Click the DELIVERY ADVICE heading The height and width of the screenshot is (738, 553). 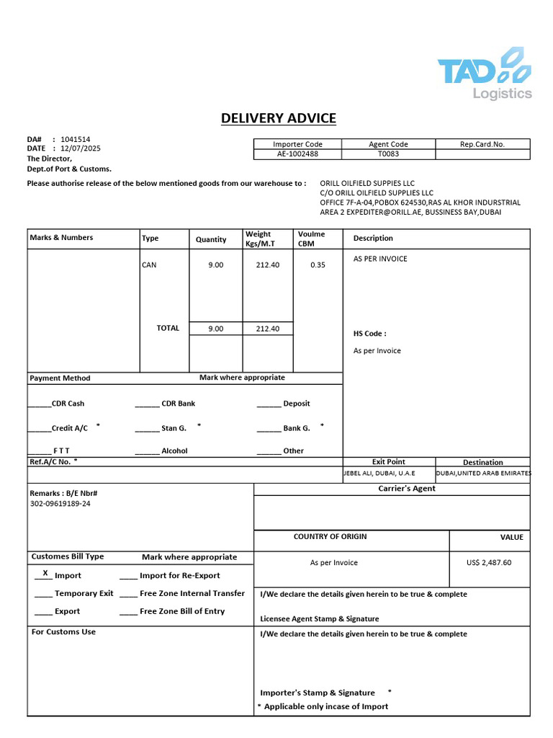tap(278, 118)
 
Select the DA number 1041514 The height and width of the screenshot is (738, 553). tap(76, 139)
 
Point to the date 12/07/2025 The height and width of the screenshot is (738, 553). tap(81, 148)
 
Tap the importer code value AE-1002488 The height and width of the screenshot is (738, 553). tap(297, 154)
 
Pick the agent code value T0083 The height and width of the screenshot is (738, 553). tap(388, 154)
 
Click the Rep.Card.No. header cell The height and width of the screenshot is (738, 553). tap(482, 144)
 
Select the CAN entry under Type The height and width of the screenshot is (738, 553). tap(149, 264)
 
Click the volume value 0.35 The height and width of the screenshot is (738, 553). tap(318, 264)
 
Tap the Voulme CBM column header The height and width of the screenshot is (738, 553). tap(312, 238)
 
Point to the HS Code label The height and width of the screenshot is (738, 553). tap(369, 334)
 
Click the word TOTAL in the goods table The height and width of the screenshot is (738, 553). tap(168, 328)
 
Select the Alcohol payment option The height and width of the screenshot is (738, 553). tap(174, 450)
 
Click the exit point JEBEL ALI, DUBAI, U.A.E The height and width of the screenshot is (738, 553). tap(379, 474)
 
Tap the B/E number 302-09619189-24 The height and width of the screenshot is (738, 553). tap(60, 504)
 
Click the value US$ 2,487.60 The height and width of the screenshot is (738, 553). tap(489, 562)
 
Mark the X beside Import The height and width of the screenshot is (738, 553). tap(45, 573)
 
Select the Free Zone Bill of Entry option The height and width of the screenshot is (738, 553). tap(181, 611)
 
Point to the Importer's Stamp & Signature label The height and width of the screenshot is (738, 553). tap(318, 693)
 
